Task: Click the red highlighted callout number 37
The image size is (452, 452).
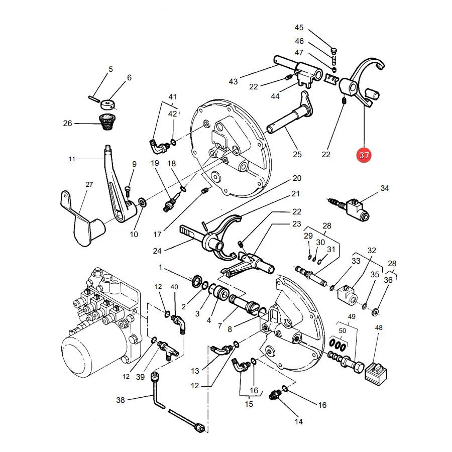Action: [364, 155]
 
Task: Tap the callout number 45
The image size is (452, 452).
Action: [299, 28]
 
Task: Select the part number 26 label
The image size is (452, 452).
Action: [67, 124]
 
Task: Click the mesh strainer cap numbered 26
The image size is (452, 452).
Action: [107, 122]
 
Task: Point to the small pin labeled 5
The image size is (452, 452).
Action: [94, 98]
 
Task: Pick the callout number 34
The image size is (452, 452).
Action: [385, 188]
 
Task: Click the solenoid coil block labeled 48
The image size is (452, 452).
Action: [376, 374]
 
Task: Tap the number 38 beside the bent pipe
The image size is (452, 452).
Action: [121, 400]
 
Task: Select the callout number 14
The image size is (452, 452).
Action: [299, 422]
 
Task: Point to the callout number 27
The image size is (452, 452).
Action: [89, 184]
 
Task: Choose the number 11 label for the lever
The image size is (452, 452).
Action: [72, 159]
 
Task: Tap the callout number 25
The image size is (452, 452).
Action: [297, 155]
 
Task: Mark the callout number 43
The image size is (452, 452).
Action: [233, 81]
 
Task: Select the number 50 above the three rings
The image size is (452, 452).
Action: [343, 330]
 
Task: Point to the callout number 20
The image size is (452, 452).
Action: [297, 178]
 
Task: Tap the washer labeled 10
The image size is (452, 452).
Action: [143, 202]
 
